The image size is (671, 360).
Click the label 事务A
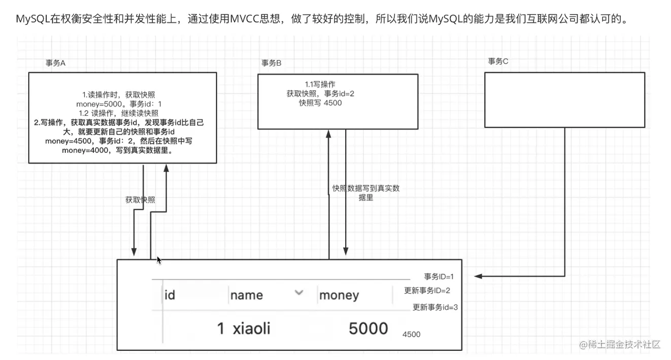[x=56, y=63]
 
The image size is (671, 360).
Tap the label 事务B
[x=272, y=63]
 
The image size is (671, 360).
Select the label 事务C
[x=498, y=61]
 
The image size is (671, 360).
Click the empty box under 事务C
[x=564, y=100]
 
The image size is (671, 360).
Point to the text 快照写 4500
[x=320, y=103]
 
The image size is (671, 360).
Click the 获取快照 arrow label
[x=140, y=200]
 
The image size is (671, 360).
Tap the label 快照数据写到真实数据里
[x=366, y=193]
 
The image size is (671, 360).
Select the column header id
[x=170, y=295]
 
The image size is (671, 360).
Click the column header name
[x=247, y=295]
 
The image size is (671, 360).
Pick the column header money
[x=339, y=295]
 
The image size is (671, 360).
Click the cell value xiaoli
[x=251, y=329]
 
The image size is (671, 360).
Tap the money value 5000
[x=368, y=329]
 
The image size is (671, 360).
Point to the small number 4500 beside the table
[x=411, y=335]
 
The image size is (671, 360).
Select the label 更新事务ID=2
[x=427, y=291]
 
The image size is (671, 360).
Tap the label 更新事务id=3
[x=435, y=307]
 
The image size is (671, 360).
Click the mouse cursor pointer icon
[x=159, y=260]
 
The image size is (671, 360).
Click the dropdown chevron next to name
[x=299, y=292]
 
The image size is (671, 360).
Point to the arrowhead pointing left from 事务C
[x=478, y=276]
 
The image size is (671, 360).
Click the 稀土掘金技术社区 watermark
[x=620, y=344]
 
